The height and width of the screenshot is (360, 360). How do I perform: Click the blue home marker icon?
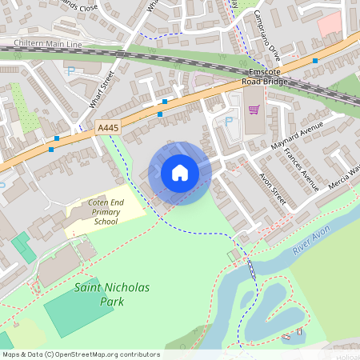tap(180, 173)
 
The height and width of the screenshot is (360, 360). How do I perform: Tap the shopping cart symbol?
tap(254, 110)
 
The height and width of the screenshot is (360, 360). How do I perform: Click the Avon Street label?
tap(273, 188)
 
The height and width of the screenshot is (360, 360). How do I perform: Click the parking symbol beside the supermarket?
tap(230, 122)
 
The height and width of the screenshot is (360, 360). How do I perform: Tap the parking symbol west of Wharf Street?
tap(70, 71)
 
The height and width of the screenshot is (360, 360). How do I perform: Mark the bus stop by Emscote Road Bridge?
tap(315, 61)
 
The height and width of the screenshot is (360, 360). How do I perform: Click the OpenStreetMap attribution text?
tap(81, 354)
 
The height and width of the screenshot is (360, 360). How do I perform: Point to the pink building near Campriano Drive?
tap(329, 26)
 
